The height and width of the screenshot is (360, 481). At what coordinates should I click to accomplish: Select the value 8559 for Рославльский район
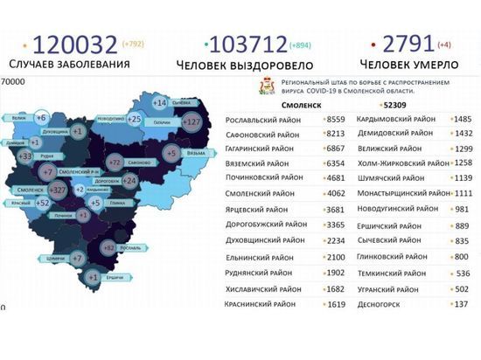pos(337,119)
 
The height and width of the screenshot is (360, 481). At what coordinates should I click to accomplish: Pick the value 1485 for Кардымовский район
pos(463,119)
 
